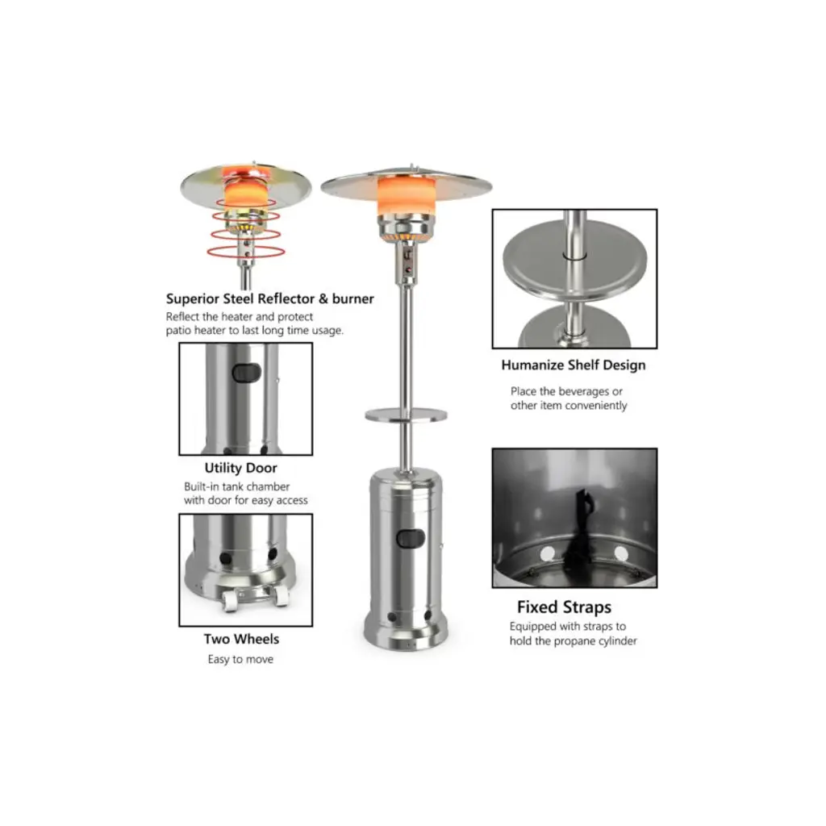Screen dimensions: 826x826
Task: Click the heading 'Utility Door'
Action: (240, 468)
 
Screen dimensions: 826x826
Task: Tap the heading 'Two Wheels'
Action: (241, 639)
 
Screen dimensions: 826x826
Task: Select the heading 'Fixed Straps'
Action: (564, 607)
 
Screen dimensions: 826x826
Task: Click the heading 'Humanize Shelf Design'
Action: (574, 365)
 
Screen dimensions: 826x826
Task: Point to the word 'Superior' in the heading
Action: (192, 299)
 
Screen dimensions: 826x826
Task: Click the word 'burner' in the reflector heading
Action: (353, 298)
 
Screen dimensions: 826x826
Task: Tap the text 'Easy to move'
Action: (240, 660)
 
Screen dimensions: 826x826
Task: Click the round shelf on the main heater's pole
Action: (407, 415)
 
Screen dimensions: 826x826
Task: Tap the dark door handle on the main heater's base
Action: (411, 538)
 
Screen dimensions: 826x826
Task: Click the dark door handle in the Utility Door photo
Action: (247, 373)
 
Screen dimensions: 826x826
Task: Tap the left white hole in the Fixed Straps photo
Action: (548, 554)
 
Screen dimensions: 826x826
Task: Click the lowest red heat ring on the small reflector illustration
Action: (245, 252)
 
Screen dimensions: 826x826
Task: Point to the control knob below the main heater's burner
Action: (407, 256)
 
